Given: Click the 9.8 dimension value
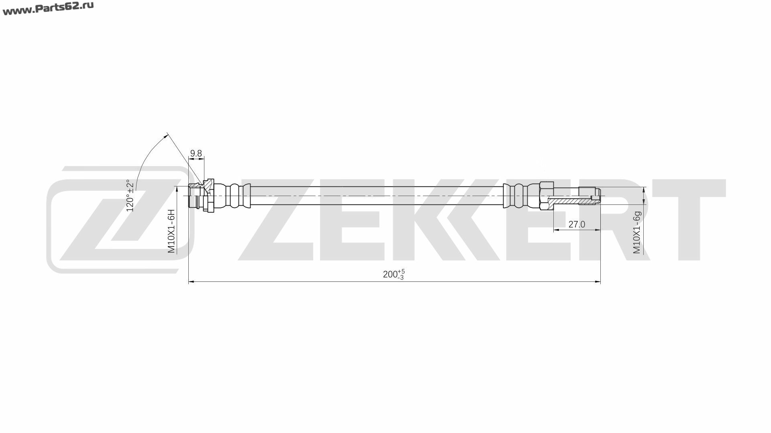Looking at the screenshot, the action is click(x=196, y=153).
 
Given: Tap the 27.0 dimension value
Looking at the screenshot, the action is click(x=577, y=225).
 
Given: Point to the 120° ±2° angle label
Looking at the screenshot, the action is click(x=130, y=195).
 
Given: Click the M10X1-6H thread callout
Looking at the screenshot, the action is click(x=171, y=231).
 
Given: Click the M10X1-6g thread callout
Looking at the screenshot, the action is click(x=637, y=232).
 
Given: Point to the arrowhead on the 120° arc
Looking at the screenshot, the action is click(x=165, y=136).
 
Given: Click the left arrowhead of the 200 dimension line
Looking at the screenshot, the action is click(x=192, y=282).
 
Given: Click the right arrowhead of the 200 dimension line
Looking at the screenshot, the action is click(x=597, y=282).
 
